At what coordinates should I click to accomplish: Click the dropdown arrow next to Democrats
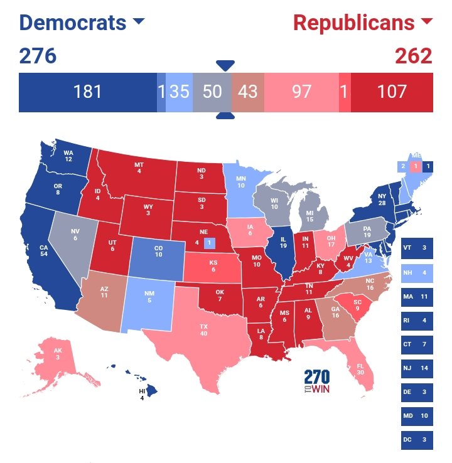pos(139,22)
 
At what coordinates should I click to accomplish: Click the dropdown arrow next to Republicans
pos(427,22)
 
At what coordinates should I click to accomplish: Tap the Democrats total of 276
pos(38,56)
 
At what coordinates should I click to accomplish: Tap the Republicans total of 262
pos(414,56)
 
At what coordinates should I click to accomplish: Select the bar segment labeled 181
pos(87,92)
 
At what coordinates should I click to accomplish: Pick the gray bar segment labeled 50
pos(212,92)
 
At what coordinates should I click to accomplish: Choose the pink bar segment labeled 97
pos(301,92)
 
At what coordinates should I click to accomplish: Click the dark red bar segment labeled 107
pos(392,92)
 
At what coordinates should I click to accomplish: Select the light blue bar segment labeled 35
pos(180,92)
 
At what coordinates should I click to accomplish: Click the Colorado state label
pos(158,250)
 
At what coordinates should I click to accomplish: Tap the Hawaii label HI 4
pos(142,393)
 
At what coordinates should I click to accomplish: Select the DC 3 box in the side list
pos(417,440)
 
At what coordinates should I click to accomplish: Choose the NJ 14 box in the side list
pos(417,368)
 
